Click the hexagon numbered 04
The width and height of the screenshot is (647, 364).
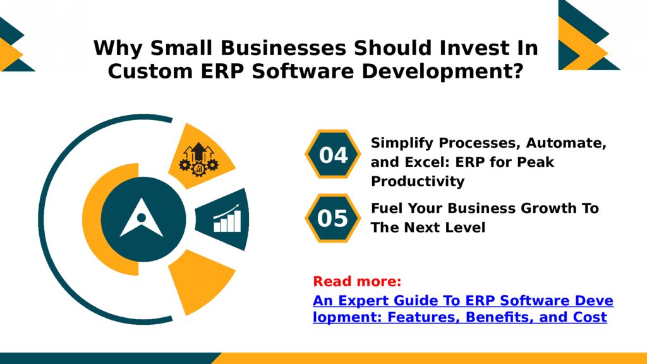click(333, 155)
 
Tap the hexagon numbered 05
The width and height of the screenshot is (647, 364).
click(332, 218)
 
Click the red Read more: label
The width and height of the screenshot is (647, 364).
click(357, 281)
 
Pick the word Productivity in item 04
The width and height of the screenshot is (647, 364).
click(417, 181)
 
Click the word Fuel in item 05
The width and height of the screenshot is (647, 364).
click(386, 208)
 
